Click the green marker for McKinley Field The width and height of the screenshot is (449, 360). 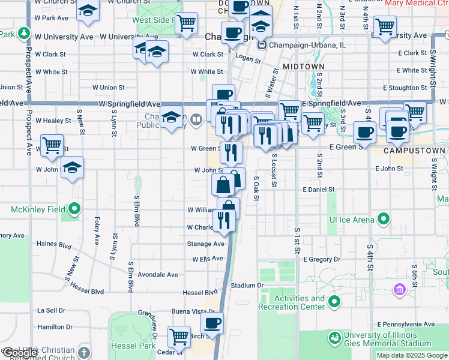pos(74,209)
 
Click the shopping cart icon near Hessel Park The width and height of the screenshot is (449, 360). pos(179,336)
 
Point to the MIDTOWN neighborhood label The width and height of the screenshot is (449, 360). pos(304,67)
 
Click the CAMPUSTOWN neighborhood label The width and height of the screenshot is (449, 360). pos(414,151)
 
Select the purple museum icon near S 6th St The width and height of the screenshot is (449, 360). pos(399,291)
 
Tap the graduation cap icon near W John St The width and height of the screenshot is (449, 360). pos(72,167)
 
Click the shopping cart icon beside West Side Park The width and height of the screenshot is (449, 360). pos(187,23)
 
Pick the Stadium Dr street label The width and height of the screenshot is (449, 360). pos(247,286)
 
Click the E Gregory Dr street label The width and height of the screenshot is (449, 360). pos(322,259)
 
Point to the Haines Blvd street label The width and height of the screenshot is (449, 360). pos(54,244)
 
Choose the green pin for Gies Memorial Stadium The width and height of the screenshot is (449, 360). pos(334,338)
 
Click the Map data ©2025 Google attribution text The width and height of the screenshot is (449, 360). pos(412,355)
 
